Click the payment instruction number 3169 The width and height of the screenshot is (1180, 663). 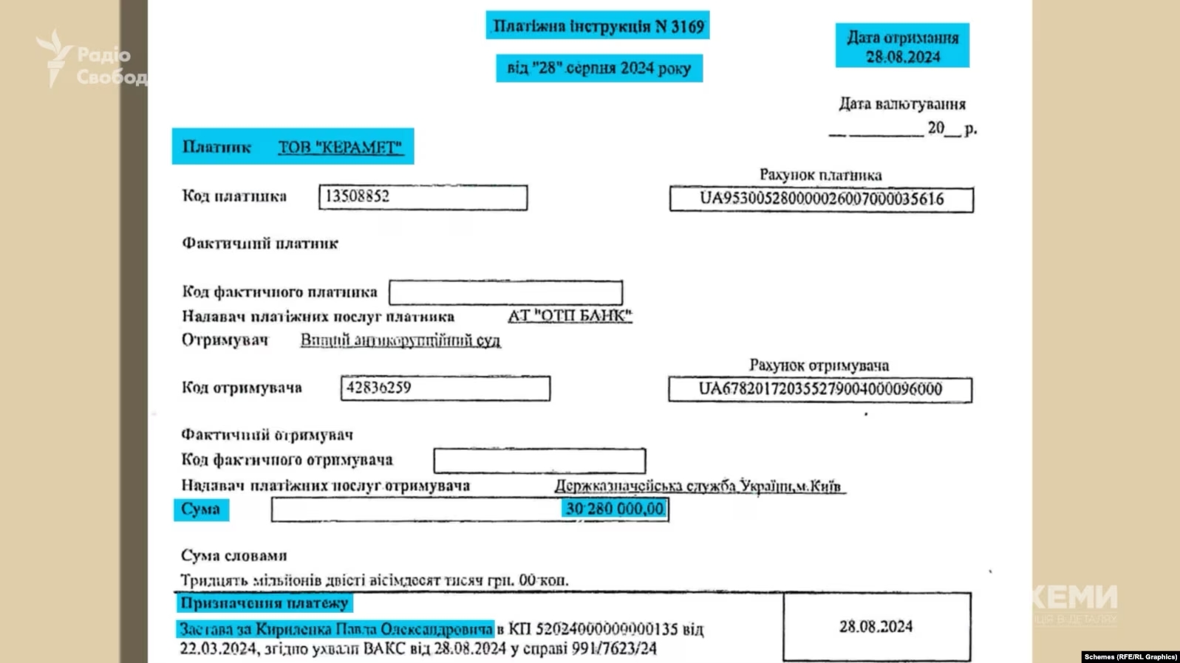tap(687, 27)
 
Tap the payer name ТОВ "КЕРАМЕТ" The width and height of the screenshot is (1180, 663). tap(340, 147)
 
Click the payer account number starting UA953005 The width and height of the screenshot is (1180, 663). tap(821, 199)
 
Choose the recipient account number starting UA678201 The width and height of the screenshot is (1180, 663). tap(820, 389)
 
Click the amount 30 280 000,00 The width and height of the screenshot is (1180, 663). tap(614, 509)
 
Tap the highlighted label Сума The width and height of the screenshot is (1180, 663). tap(200, 509)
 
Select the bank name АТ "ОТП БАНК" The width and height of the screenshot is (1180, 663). tap(570, 316)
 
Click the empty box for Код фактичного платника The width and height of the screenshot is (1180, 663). tap(505, 292)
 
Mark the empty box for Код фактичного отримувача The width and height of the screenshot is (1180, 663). tap(539, 461)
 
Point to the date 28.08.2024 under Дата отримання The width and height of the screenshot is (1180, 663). tap(903, 57)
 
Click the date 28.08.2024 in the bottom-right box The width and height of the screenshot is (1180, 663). tap(876, 626)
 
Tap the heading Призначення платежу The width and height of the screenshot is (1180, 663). tap(265, 603)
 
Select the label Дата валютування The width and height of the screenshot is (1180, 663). tap(902, 104)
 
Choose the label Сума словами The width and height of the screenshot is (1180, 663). tap(234, 555)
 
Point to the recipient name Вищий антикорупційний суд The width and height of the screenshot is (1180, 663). tap(400, 340)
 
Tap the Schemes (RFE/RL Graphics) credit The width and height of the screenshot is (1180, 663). tap(1130, 656)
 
